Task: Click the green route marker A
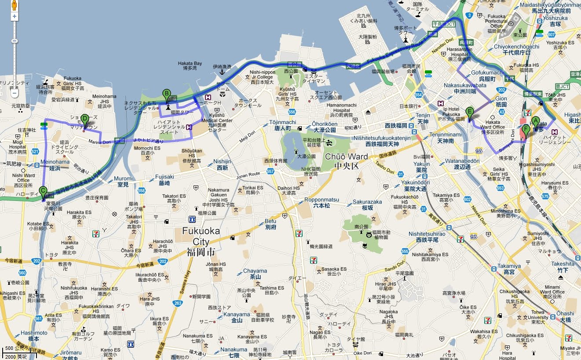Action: click(535, 121)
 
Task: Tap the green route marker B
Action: click(166, 94)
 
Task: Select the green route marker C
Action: click(43, 191)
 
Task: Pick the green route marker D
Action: click(85, 119)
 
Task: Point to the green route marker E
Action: click(470, 112)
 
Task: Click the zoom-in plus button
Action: click(15, 16)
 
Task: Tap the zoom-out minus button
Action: click(15, 93)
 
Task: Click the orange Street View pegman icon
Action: click(14, 5)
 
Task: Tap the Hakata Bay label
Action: click(190, 65)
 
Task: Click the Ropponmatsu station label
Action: click(322, 202)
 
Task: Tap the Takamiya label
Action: click(509, 269)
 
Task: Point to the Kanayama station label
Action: click(237, 317)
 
